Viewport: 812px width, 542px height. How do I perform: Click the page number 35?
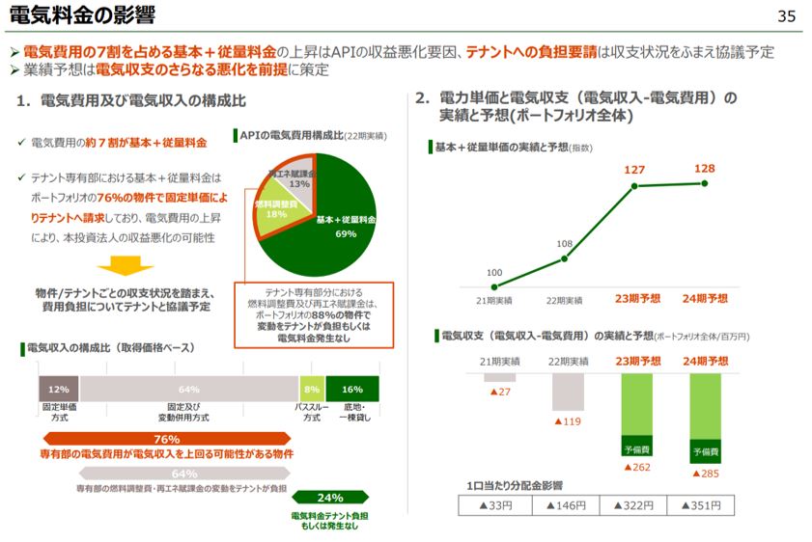[x=786, y=16]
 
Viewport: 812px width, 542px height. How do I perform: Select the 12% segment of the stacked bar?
[x=58, y=389]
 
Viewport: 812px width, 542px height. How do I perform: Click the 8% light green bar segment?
[x=311, y=389]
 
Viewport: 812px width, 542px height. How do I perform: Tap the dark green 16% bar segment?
[x=351, y=389]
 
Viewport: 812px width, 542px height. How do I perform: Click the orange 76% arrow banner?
[x=166, y=439]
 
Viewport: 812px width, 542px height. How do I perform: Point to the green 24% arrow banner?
[x=329, y=498]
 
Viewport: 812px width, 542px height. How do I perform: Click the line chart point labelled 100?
[x=494, y=286]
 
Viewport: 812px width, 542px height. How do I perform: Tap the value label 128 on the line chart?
[x=705, y=169]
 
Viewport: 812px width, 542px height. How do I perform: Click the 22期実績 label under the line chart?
[x=567, y=300]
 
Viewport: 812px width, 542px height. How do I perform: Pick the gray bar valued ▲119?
[x=567, y=392]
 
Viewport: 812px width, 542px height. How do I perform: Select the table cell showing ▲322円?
[x=635, y=504]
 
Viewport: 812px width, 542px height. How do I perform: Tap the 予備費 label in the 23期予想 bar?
[x=635, y=449]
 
